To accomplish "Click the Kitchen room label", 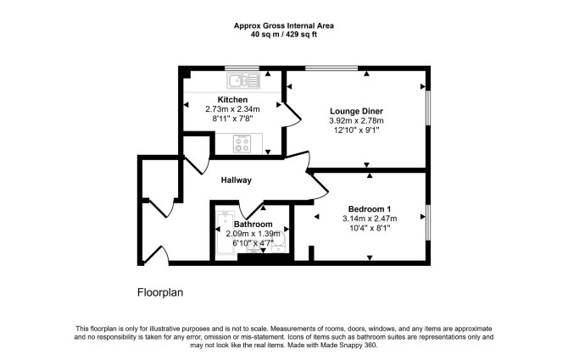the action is click(232, 99).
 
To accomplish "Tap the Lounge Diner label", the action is click(356, 111).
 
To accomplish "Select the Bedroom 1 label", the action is click(370, 208).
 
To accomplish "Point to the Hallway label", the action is click(237, 180).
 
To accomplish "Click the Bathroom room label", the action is click(253, 224).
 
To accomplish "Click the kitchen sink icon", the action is click(243, 80).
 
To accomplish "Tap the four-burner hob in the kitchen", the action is click(242, 144).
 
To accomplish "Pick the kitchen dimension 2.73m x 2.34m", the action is click(232, 109).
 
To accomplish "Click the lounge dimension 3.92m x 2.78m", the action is click(356, 121).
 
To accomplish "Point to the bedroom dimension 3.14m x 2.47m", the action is click(370, 219).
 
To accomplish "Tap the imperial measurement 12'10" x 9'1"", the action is click(356, 130).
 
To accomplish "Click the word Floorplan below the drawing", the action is click(160, 292).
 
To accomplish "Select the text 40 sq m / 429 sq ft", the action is click(284, 35).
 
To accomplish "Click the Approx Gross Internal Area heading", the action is click(284, 25).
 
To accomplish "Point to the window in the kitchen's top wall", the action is click(242, 68).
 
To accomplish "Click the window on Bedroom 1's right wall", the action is click(428, 222).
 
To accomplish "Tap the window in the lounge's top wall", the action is click(331, 68).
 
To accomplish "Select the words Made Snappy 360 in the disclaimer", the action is click(348, 345).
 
